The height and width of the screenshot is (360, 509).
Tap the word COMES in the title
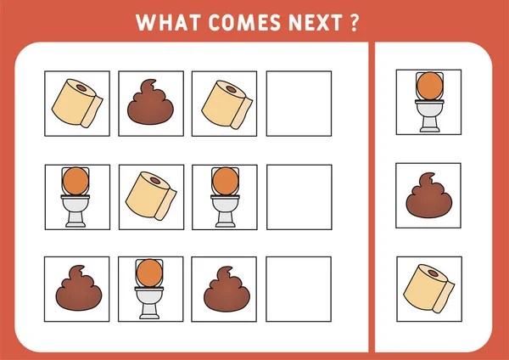(245, 22)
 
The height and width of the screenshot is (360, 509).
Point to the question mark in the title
(355, 22)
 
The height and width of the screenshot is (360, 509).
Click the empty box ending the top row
(299, 104)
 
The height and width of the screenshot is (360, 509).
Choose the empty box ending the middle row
(299, 197)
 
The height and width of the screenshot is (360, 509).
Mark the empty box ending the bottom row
(299, 290)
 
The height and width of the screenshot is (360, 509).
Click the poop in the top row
(150, 102)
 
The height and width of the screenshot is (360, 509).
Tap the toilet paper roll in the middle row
(151, 196)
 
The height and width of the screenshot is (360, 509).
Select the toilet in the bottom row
(149, 289)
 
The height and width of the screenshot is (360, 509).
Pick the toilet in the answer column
(429, 102)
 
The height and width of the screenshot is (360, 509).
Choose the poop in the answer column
(429, 195)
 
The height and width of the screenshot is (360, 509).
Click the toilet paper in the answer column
(429, 289)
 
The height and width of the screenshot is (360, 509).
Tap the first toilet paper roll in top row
(77, 103)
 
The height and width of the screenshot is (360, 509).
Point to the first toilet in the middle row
(76, 197)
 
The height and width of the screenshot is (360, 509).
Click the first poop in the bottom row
(79, 288)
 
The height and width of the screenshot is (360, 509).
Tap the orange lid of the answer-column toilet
(430, 86)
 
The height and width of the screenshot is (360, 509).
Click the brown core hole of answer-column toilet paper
(433, 273)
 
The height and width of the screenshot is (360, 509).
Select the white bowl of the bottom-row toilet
(149, 296)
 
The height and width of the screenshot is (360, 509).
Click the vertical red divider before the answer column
(372, 197)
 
